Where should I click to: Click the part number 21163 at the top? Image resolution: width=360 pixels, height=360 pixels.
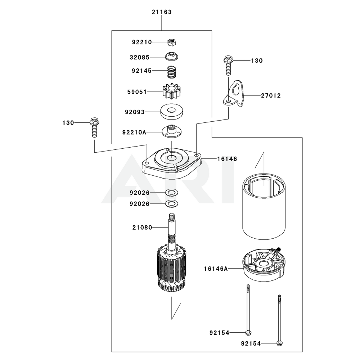161,12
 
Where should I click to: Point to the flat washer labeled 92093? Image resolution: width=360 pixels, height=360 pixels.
172,112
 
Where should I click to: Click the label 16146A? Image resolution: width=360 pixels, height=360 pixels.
216,268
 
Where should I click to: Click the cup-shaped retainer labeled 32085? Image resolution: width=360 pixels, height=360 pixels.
172,57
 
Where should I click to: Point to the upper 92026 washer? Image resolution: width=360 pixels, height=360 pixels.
171,193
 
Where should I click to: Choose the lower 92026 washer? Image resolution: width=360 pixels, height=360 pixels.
171,204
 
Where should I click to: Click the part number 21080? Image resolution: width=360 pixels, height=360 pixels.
142,228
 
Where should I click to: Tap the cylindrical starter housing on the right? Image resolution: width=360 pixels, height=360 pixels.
263,209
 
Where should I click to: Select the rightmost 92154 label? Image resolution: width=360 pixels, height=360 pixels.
251,343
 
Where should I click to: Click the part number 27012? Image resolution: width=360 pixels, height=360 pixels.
271,96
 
